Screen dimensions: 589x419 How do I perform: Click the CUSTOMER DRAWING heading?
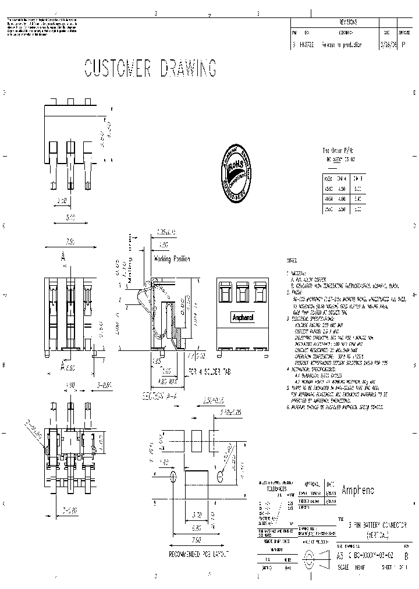click(150, 68)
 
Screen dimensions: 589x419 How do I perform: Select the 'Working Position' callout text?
click(172, 258)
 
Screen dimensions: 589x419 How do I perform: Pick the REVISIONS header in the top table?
click(348, 22)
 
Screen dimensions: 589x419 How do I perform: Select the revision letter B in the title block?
click(406, 556)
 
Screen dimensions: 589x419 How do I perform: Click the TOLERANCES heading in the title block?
click(276, 489)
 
